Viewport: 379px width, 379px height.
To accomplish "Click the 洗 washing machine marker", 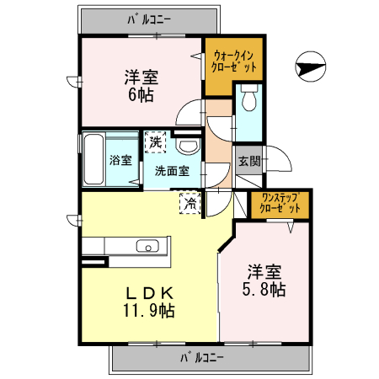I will pyautogui.click(x=154, y=141).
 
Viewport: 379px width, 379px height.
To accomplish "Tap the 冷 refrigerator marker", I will pyautogui.click(x=190, y=201).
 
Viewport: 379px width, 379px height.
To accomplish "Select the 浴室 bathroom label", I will pyautogui.click(x=120, y=161).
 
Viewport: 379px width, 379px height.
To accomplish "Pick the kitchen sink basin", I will pyautogui.click(x=147, y=247).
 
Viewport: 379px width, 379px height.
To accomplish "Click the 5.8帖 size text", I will pyautogui.click(x=264, y=290).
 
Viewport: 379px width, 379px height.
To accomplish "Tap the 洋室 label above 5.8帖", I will pyautogui.click(x=264, y=272).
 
